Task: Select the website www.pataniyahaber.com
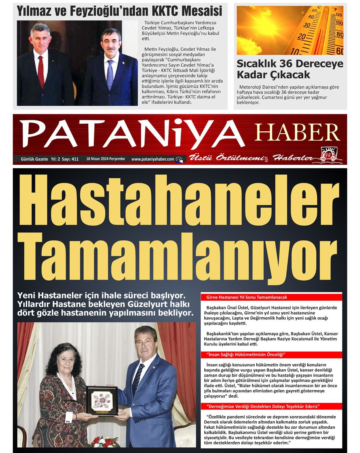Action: (153, 159)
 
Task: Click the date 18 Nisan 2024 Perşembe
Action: (106, 159)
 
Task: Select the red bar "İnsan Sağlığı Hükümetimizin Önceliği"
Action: (245, 354)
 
